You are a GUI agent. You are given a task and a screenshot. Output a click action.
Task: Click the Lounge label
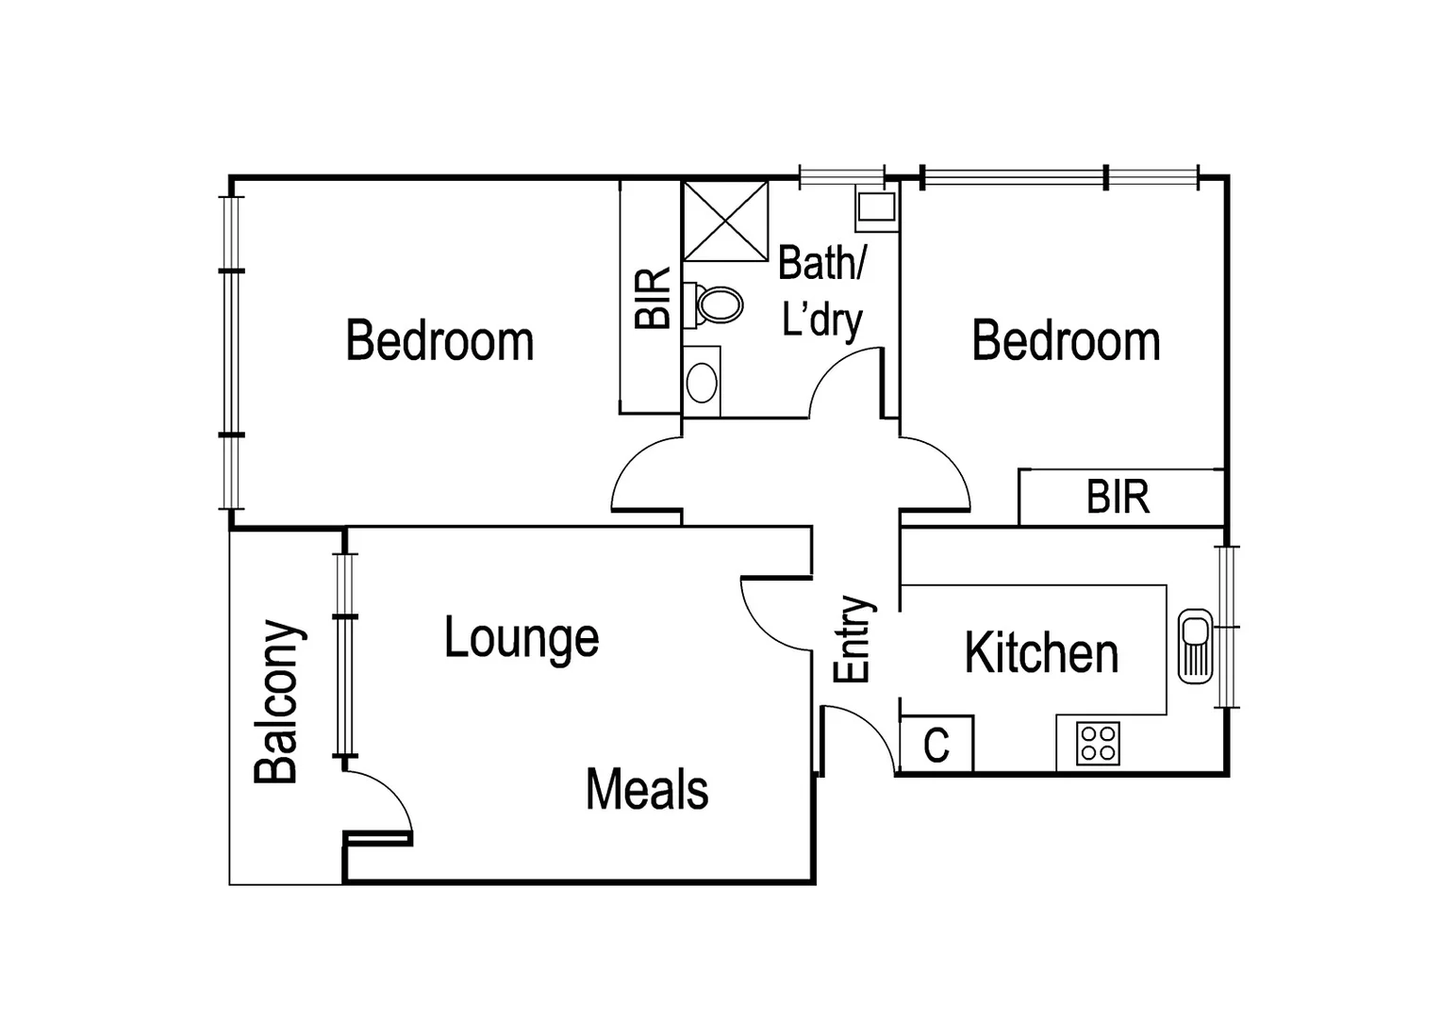(x=522, y=640)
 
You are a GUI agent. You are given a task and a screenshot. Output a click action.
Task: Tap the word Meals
(x=647, y=790)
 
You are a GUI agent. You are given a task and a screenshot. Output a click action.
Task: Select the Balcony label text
(x=279, y=702)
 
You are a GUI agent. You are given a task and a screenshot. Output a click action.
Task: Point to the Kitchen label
(x=1041, y=653)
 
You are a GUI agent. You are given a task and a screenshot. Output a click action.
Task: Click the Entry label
(x=854, y=639)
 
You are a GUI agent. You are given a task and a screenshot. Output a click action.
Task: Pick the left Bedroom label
(x=439, y=340)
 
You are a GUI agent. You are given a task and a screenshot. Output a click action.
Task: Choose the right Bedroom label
(x=1066, y=340)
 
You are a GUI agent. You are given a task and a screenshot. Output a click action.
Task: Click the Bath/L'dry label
(x=821, y=292)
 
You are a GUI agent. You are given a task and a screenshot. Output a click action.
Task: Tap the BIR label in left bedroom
(x=652, y=299)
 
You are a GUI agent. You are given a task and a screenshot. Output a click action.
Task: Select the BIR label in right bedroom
(x=1118, y=497)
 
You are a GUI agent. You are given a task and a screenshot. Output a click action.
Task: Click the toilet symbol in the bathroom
(x=717, y=304)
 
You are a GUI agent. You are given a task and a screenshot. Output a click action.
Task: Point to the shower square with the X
(x=725, y=222)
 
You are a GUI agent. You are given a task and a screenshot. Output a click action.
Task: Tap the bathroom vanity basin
(x=702, y=382)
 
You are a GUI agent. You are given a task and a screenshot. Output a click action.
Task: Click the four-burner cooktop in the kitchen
(x=1098, y=742)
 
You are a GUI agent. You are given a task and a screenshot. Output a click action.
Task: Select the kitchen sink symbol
(x=1195, y=648)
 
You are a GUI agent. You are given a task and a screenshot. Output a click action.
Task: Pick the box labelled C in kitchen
(x=936, y=746)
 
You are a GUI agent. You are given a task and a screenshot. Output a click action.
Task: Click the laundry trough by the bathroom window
(x=876, y=208)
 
